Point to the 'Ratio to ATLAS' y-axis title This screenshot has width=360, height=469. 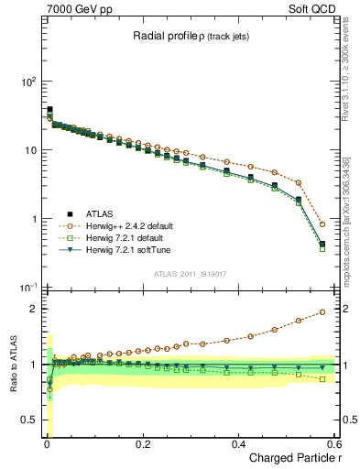tap(12, 365)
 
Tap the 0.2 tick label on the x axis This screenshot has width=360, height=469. tap(142, 444)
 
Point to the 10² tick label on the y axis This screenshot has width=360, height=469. tap(28, 82)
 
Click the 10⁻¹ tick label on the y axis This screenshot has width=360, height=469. tap(28, 289)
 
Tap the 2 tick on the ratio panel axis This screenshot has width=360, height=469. tap(34, 309)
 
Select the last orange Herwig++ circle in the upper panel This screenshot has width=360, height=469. tap(322, 224)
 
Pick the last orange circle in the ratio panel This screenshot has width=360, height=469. tap(322, 312)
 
